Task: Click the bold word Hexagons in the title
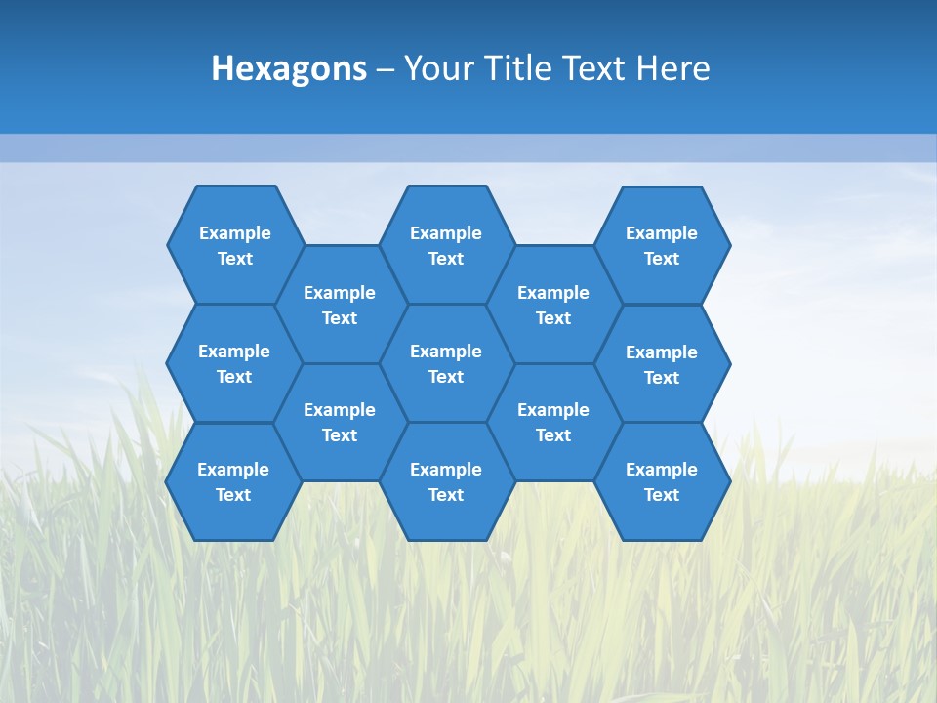coord(289,68)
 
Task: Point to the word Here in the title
coord(672,68)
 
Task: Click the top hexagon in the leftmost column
coord(235,245)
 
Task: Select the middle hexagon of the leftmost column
coord(234,363)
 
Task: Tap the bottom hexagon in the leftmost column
coord(233,481)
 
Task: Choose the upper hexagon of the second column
coord(340,305)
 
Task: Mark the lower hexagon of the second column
coord(340,422)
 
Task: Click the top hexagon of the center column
coord(446,245)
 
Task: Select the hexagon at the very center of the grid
coord(446,363)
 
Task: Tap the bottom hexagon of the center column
coord(446,481)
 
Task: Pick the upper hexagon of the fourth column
coord(553,305)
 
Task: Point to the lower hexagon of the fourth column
coord(553,422)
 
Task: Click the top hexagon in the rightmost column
coord(662,245)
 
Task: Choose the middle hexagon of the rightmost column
coord(662,364)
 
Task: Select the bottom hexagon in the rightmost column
coord(662,481)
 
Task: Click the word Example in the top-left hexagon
coord(235,233)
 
